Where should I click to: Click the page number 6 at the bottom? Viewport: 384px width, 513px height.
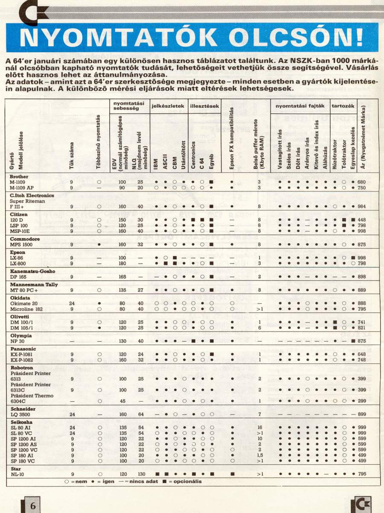click(x=32, y=505)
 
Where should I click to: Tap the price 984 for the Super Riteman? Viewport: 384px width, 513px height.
click(x=362, y=206)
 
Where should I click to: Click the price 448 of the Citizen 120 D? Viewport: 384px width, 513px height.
click(x=362, y=220)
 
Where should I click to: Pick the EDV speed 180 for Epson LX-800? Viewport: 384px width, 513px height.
click(x=123, y=264)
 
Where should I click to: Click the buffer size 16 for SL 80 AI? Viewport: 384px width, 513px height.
click(x=259, y=427)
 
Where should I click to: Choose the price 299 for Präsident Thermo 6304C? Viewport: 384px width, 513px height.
click(x=362, y=401)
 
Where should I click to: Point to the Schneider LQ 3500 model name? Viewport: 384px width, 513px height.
click(x=20, y=415)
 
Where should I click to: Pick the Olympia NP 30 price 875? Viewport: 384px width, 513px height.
click(x=362, y=341)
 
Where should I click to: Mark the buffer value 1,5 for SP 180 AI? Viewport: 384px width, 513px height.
click(x=259, y=455)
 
